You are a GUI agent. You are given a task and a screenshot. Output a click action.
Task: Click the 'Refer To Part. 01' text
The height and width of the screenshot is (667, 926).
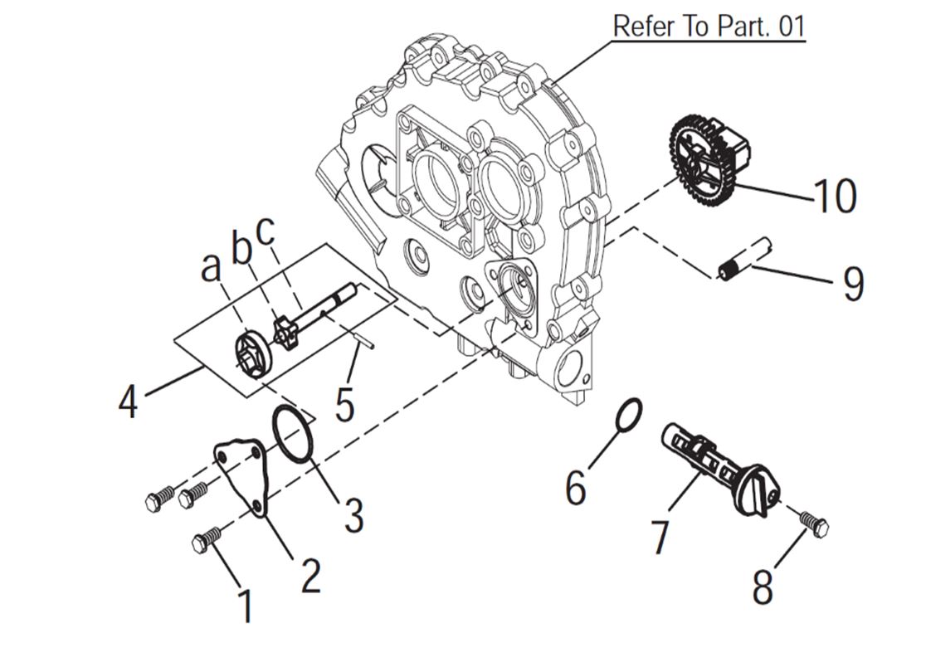coord(709,26)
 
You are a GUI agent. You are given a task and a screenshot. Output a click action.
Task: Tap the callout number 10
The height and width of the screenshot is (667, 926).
coord(835,197)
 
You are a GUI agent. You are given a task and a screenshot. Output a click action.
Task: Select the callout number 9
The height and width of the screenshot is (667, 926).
coord(853,283)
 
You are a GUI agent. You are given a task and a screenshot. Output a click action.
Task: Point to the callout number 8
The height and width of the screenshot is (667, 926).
coord(763,586)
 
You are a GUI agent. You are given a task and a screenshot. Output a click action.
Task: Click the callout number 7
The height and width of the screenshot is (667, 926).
coord(660,537)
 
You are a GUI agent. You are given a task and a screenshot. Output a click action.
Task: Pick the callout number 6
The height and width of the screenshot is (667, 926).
coord(575,487)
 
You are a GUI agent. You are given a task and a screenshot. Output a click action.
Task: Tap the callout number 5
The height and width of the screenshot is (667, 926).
coord(344,404)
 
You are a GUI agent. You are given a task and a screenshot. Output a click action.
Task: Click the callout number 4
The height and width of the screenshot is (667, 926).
coord(127,402)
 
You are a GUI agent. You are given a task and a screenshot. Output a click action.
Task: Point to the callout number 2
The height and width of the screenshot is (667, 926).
coord(310,575)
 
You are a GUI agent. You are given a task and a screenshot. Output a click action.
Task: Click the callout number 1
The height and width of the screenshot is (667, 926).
coord(246,606)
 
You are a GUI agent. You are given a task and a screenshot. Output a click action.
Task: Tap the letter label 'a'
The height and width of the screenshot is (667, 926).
coord(212,266)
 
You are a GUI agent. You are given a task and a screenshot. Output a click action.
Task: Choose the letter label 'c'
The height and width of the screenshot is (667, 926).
coord(266,233)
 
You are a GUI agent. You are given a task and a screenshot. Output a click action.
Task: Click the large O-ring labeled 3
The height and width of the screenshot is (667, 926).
coord(293,434)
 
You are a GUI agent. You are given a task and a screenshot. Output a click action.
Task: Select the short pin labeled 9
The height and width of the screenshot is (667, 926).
coord(744,260)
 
